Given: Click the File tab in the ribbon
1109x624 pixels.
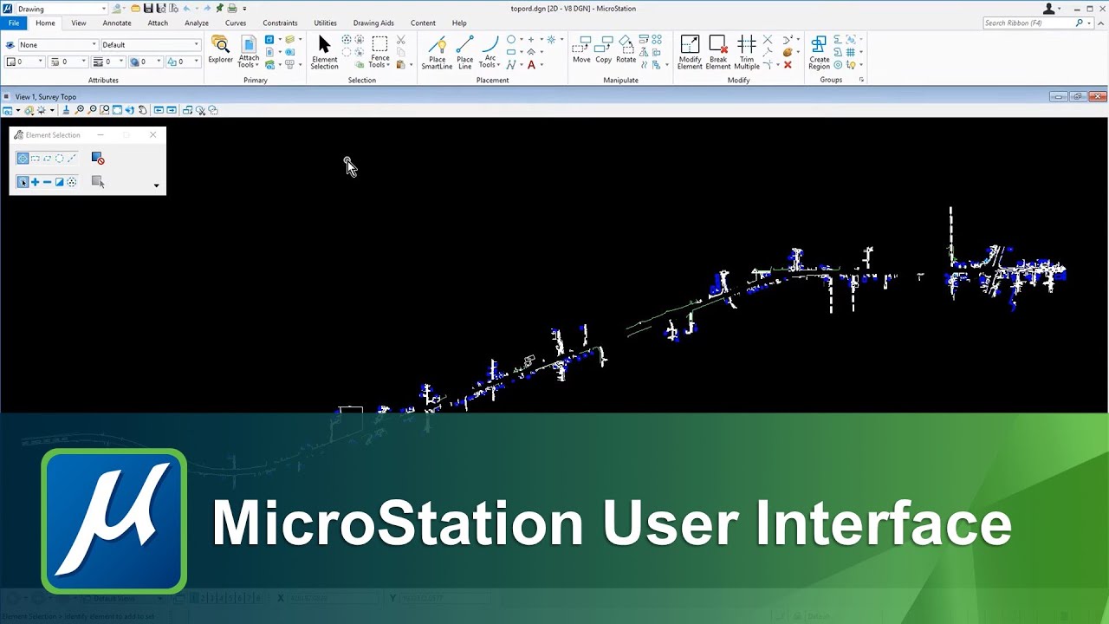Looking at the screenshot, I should (14, 23).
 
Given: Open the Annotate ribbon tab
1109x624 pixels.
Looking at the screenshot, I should (117, 23).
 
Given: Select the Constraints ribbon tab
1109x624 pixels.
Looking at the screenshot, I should (280, 23).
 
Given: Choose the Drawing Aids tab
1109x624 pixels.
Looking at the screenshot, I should (373, 23).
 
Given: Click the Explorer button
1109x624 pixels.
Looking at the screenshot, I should (220, 49).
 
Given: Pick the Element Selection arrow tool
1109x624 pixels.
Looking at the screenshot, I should (324, 51).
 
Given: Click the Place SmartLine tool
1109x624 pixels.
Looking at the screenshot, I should (437, 51).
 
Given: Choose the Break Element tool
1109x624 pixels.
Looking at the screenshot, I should (717, 51).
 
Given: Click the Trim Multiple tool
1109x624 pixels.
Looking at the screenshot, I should (746, 51).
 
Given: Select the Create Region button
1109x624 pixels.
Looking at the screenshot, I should (819, 51).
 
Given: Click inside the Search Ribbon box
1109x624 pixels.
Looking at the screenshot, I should (1028, 23).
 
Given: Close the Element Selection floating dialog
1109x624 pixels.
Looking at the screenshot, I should (153, 135).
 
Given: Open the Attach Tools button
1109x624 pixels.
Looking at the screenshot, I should (249, 51).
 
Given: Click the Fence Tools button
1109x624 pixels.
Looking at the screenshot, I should (379, 51).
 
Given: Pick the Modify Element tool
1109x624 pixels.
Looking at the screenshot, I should (690, 51).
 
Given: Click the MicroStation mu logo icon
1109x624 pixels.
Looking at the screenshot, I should (113, 521).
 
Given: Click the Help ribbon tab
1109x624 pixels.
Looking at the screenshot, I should (459, 23).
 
